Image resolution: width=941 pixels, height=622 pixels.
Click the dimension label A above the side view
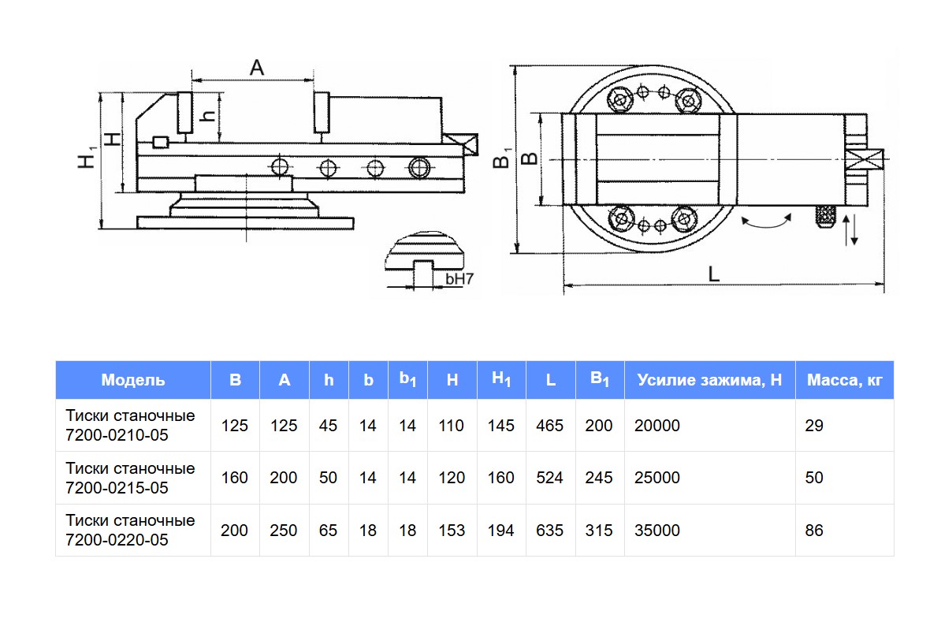[257, 68]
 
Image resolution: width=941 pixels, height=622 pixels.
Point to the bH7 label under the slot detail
[460, 278]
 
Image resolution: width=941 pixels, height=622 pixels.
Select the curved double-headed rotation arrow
[766, 222]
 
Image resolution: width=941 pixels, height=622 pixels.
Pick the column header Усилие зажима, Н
[709, 380]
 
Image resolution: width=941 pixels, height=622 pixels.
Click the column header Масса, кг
[845, 380]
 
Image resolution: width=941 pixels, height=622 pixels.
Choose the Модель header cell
[133, 380]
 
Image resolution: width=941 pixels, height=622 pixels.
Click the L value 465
[549, 426]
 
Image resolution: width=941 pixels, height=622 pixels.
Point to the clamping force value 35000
[656, 531]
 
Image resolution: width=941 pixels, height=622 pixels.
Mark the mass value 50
[814, 478]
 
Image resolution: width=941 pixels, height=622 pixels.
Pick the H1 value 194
[500, 531]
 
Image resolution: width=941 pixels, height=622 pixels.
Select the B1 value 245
[599, 478]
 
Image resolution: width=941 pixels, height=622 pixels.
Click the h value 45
[328, 426]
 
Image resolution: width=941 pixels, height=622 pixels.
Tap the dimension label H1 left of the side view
[87, 156]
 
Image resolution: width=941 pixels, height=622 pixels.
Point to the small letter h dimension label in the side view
[208, 116]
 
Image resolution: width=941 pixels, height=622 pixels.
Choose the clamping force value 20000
[656, 426]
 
